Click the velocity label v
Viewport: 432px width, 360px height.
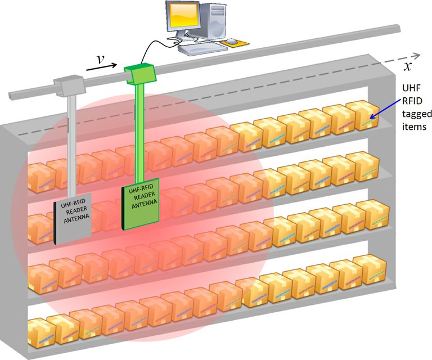[100, 58]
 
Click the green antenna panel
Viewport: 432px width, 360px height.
[141, 202]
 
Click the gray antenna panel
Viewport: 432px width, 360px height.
[73, 220]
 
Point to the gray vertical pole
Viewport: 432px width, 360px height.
[70, 146]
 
